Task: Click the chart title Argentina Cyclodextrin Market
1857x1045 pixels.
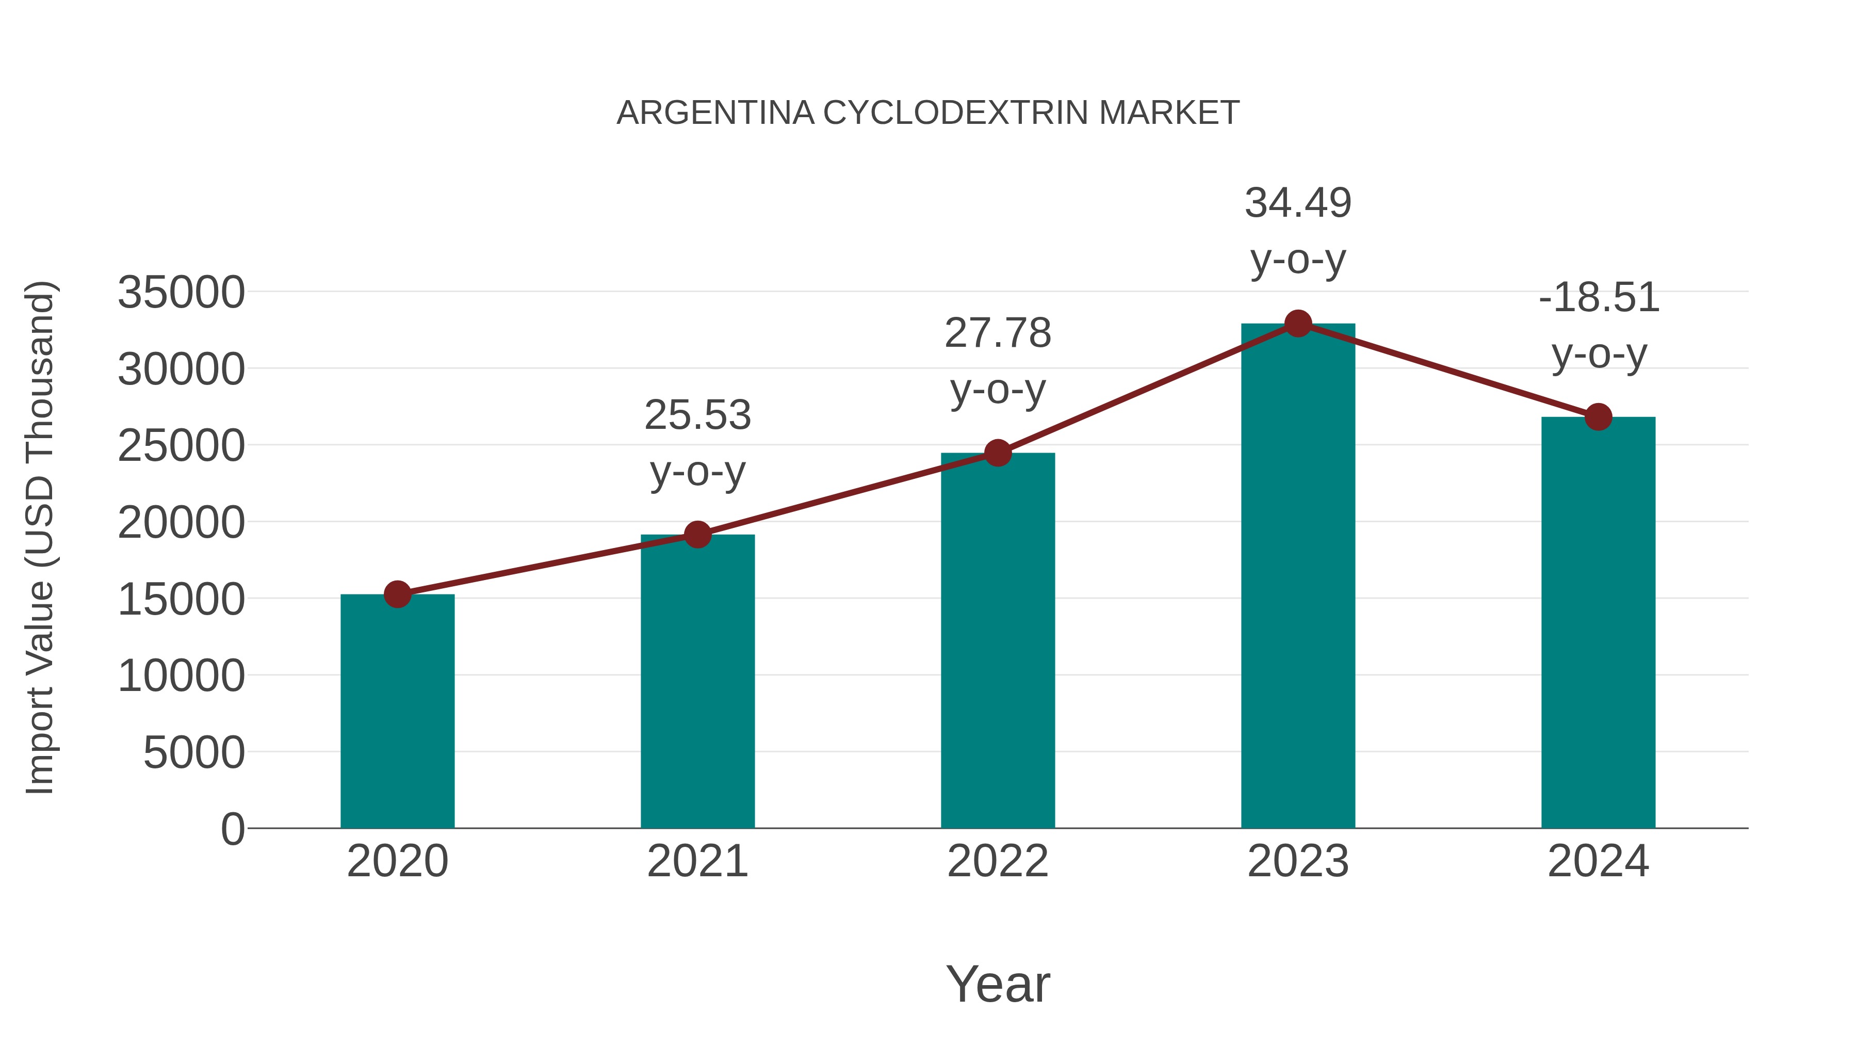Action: point(928,113)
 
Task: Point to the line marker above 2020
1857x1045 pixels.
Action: point(397,594)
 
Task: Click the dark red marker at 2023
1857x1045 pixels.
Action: point(1298,324)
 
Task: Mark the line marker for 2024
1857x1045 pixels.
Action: point(1598,417)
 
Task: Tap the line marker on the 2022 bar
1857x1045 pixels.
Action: point(998,453)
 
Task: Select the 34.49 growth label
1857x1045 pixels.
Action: point(1298,230)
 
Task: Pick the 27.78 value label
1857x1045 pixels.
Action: point(998,361)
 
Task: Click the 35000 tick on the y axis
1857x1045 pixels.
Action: point(181,293)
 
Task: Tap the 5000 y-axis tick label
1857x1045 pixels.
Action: point(194,753)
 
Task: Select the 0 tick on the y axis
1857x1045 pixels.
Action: point(232,829)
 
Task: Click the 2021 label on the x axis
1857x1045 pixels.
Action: point(697,861)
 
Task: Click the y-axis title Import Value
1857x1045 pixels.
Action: point(40,537)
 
